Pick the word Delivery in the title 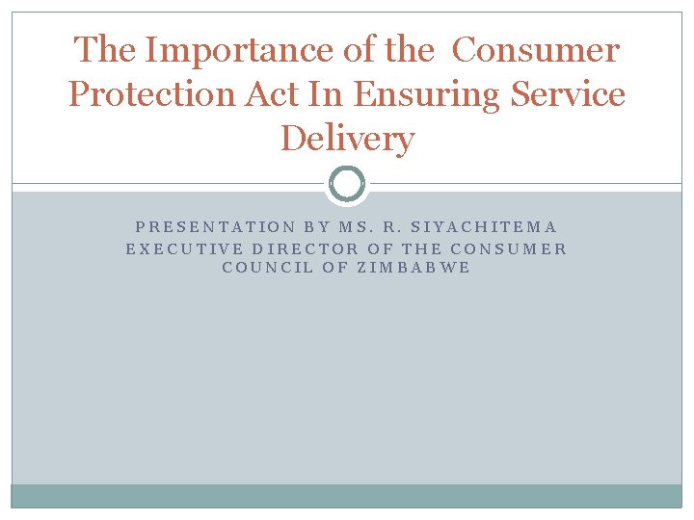(x=347, y=139)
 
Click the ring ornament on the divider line (x=347, y=183)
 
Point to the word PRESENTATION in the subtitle (x=215, y=227)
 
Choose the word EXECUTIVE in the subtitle (x=183, y=247)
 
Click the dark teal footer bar (x=347, y=496)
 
